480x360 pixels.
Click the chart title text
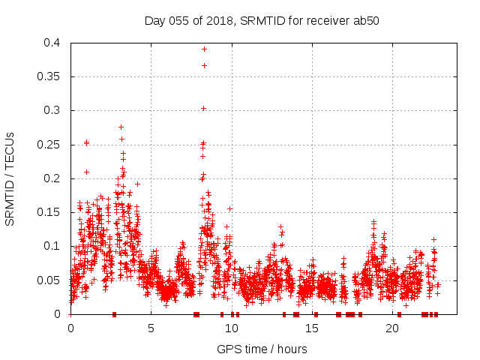pyautogui.click(x=262, y=21)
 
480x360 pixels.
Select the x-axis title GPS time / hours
pyautogui.click(x=262, y=349)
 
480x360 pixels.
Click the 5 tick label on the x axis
pyautogui.click(x=151, y=328)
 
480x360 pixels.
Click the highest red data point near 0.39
pyautogui.click(x=204, y=49)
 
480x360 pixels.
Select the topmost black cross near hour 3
pyautogui.click(x=121, y=127)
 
